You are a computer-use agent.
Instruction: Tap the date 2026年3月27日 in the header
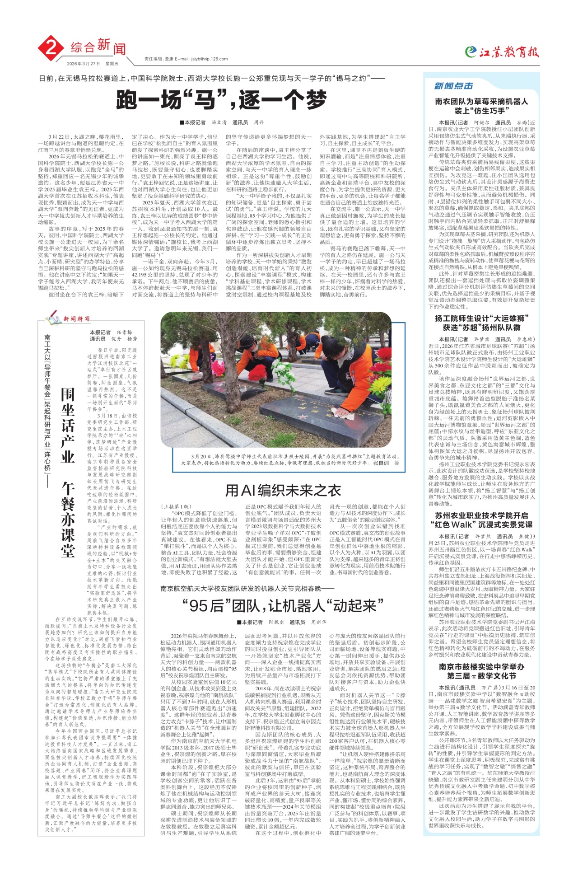click(84, 64)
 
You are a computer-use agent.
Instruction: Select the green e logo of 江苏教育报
click(471, 52)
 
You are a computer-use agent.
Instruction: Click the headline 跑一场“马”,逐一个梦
click(221, 100)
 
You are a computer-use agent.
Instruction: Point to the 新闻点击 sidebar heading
click(453, 86)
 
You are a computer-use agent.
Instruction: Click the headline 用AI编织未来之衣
click(283, 490)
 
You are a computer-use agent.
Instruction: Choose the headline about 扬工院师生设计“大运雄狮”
click(481, 323)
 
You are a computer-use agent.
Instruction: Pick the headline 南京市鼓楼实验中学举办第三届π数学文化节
click(481, 671)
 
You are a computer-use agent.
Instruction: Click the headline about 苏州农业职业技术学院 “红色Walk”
click(481, 520)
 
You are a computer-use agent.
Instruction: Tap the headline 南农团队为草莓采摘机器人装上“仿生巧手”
click(481, 106)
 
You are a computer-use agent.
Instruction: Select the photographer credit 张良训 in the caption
click(381, 463)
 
